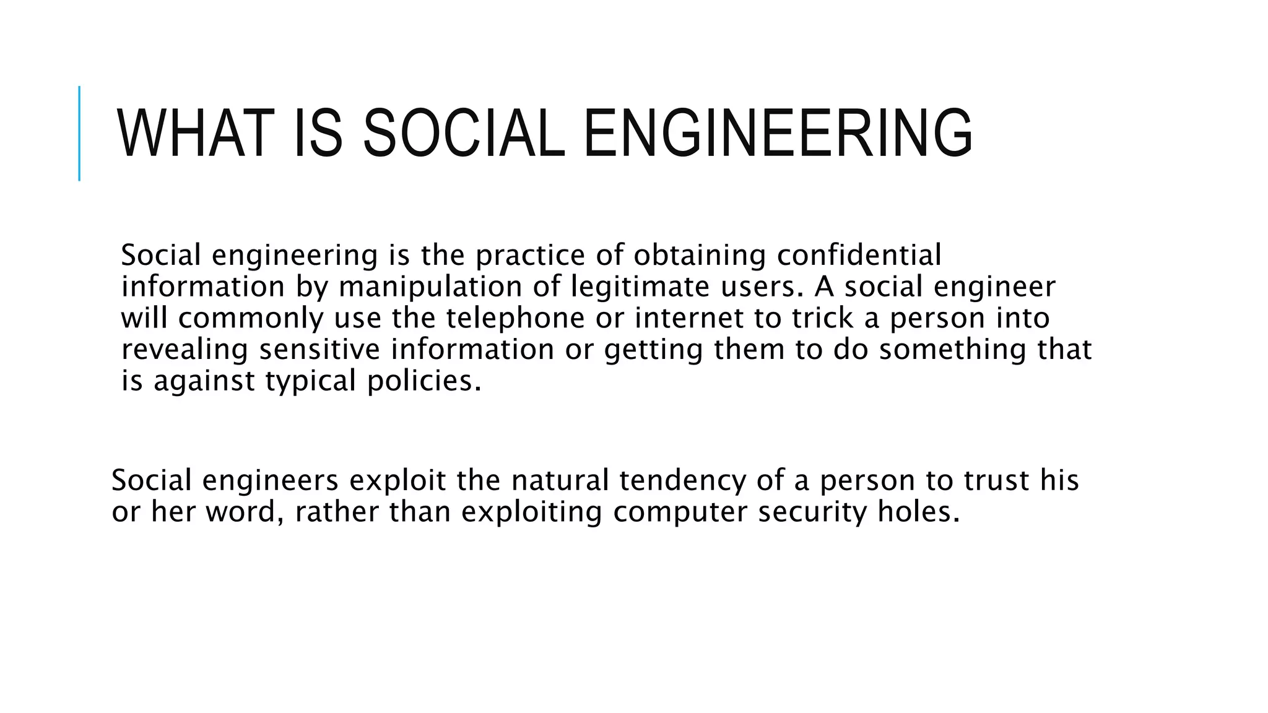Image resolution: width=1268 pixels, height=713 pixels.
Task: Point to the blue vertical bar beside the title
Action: tap(79, 133)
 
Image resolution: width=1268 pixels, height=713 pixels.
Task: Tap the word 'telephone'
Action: tap(515, 318)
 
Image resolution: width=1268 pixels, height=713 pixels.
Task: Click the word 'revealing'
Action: tap(184, 350)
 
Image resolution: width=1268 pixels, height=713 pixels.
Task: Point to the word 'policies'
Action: tap(423, 381)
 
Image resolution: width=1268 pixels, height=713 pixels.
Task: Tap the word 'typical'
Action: tap(311, 381)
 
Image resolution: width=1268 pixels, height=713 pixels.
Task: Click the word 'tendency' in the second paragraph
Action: tap(682, 481)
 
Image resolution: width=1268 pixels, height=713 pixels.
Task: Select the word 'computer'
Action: tap(680, 512)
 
